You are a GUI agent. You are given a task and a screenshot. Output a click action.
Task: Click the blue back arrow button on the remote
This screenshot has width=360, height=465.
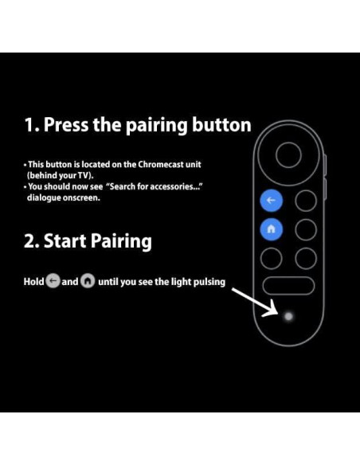click(x=271, y=201)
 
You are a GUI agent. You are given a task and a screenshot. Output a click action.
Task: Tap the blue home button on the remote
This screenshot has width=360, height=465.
click(x=271, y=229)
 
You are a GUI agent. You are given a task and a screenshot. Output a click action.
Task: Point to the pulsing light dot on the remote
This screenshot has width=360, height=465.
click(x=288, y=316)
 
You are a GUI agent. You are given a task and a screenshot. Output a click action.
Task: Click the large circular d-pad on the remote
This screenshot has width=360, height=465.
click(x=288, y=154)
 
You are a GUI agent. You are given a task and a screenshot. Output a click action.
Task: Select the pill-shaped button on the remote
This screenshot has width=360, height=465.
click(x=288, y=286)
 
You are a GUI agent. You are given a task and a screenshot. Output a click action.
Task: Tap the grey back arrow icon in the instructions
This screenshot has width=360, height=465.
click(x=53, y=282)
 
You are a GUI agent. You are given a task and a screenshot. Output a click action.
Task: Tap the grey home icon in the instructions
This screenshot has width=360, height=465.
click(x=87, y=282)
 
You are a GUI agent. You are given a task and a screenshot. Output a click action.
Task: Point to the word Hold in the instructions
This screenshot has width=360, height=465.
click(x=33, y=282)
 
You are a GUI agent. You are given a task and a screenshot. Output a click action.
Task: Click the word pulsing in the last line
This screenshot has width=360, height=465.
click(x=207, y=282)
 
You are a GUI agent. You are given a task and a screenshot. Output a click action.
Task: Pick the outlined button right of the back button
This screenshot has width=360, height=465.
click(x=305, y=201)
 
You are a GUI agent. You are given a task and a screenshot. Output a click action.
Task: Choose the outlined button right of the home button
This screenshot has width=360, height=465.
click(x=305, y=229)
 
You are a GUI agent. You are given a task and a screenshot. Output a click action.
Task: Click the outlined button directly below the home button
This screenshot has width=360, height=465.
click(x=271, y=257)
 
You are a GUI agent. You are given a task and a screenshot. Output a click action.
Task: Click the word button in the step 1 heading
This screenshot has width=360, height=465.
click(x=222, y=125)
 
